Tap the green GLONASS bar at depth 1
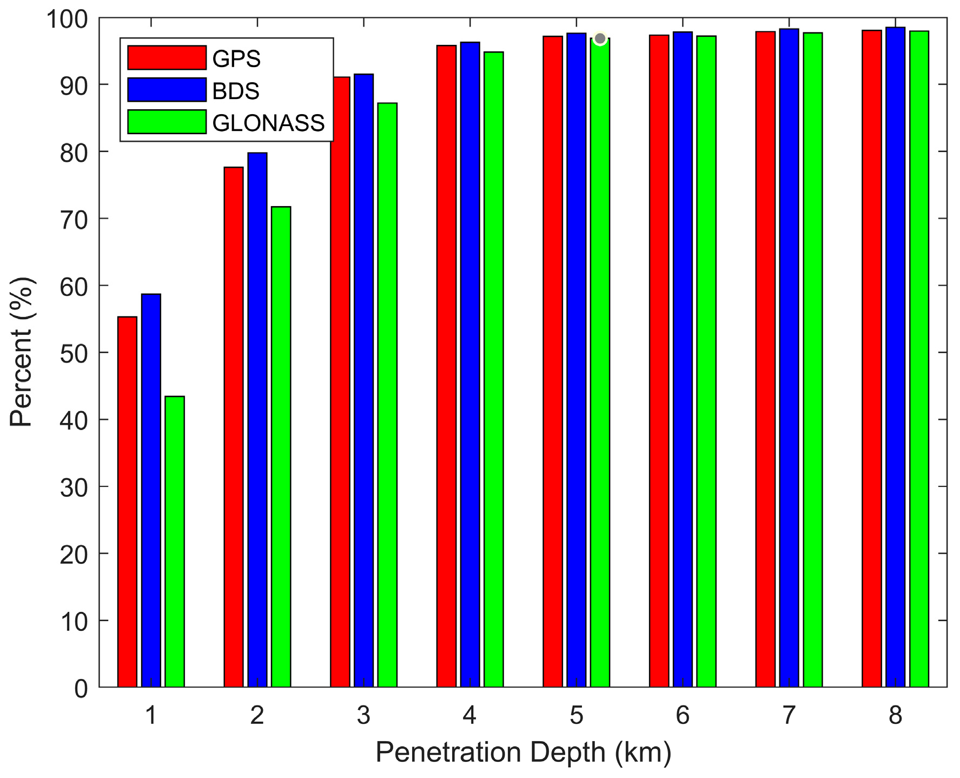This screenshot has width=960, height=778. point(175,542)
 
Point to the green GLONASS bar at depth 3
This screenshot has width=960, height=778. point(387,395)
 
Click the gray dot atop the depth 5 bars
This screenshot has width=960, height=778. point(600,38)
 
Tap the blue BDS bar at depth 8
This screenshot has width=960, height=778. point(895,357)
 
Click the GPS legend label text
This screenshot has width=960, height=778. point(236,58)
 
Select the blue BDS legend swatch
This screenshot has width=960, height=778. point(167,90)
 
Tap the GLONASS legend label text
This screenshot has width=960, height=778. point(268,123)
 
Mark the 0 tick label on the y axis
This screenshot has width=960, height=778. point(81,689)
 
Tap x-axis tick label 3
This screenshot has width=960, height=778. point(363,715)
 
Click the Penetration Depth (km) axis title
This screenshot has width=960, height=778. point(523,753)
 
